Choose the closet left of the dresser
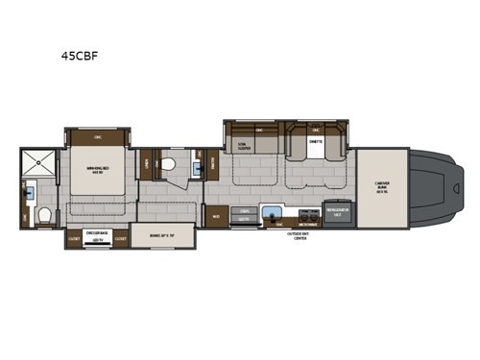(74, 241)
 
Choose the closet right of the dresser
(120, 241)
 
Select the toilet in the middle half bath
(170, 164)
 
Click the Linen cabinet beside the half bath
(145, 164)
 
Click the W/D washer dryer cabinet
(217, 216)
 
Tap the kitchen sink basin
(271, 212)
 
